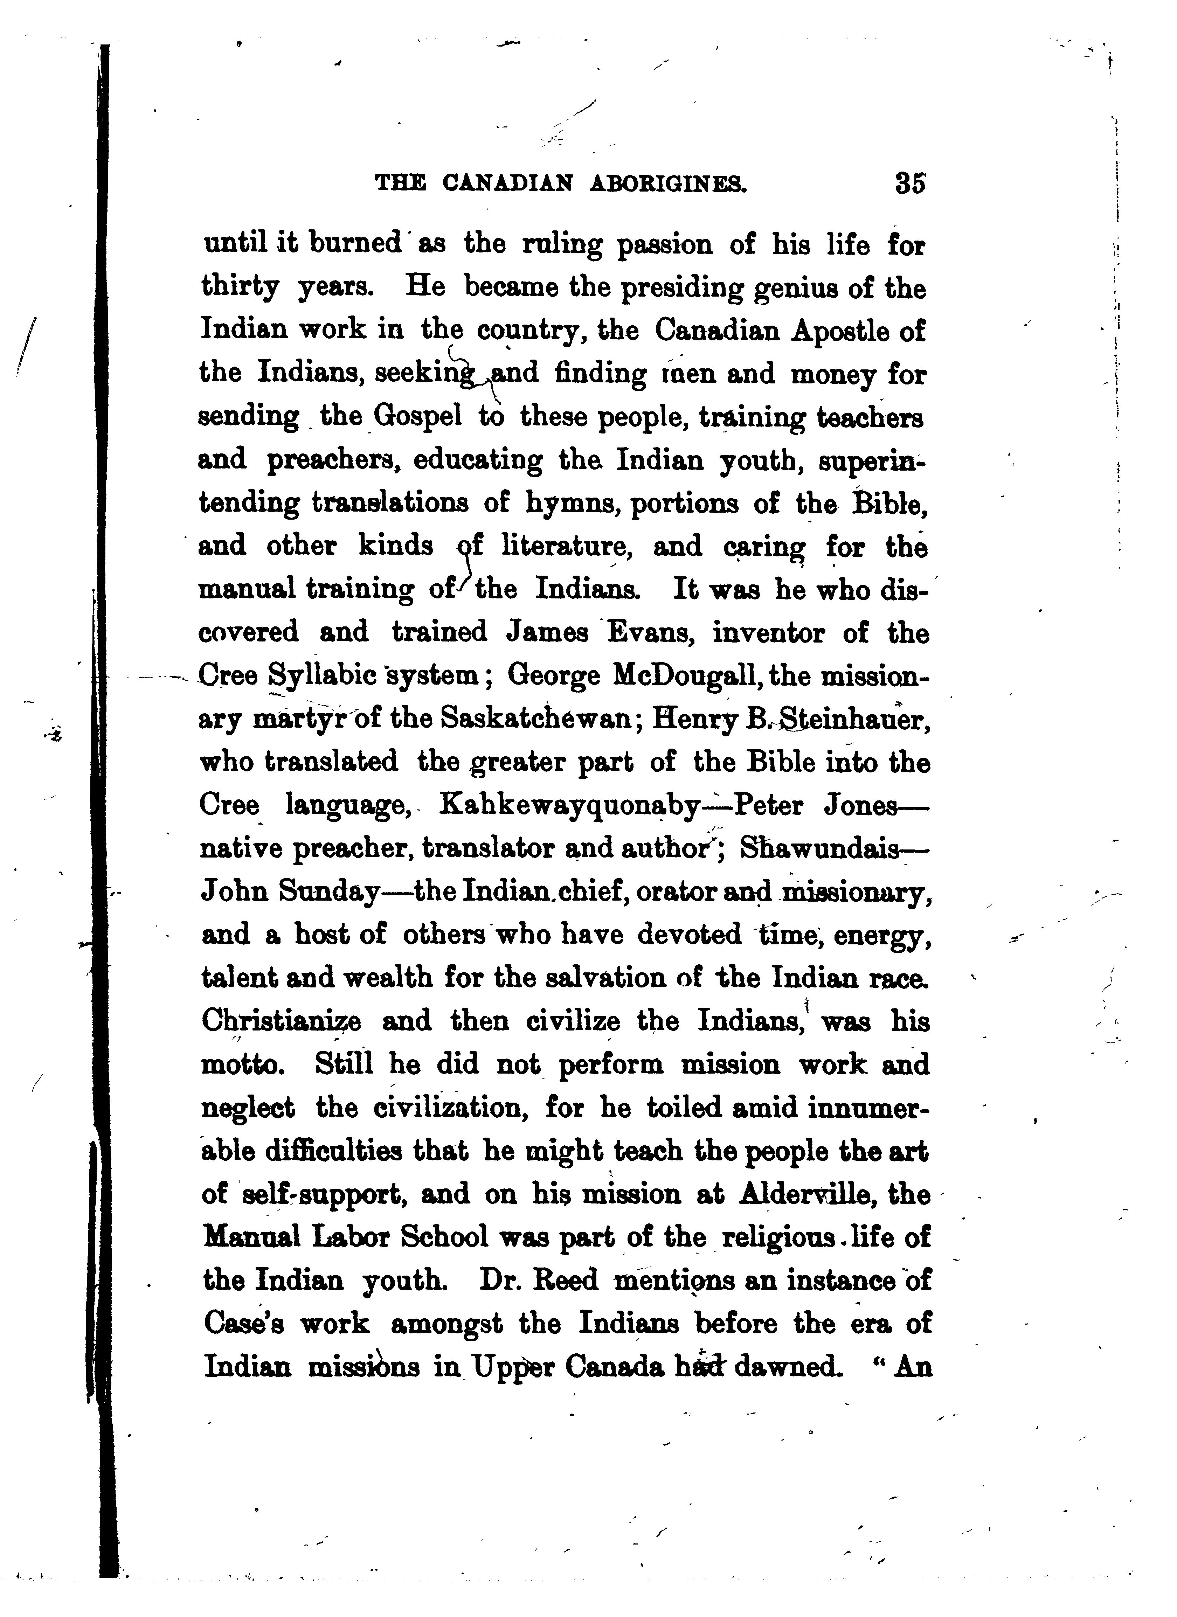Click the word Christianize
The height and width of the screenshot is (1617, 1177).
tap(282, 1022)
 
